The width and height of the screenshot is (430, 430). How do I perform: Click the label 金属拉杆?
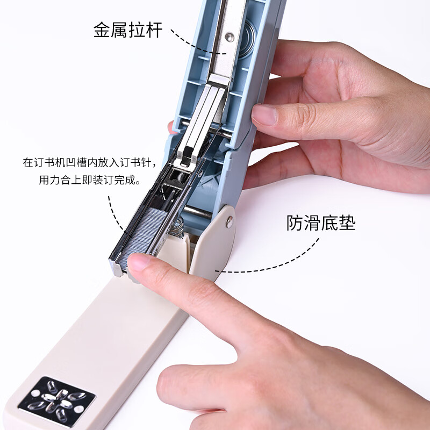pyautogui.click(x=128, y=30)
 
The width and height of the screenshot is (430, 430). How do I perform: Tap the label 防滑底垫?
pyautogui.click(x=321, y=223)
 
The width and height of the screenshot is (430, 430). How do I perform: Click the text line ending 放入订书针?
pyautogui.click(x=89, y=162)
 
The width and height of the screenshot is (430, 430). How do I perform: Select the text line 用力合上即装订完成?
pyautogui.click(x=89, y=180)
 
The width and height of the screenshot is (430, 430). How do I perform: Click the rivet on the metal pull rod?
pyautogui.click(x=230, y=37)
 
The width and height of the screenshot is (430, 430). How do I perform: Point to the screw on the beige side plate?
pyautogui.click(x=230, y=222)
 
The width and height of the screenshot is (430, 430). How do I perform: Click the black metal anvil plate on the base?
pyautogui.click(x=57, y=402)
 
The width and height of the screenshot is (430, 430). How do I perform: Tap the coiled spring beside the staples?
pyautogui.click(x=177, y=227)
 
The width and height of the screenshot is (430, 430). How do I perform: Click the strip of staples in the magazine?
pyautogui.click(x=142, y=234)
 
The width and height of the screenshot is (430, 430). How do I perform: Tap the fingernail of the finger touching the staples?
pyautogui.click(x=138, y=261)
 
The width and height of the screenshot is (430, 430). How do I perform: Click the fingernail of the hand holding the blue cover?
pyautogui.click(x=264, y=115)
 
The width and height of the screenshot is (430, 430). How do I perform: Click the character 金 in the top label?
pyautogui.click(x=102, y=30)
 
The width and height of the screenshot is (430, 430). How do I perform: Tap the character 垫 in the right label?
pyautogui.click(x=347, y=223)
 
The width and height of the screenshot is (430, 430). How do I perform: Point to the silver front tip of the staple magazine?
pyautogui.click(x=116, y=267)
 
